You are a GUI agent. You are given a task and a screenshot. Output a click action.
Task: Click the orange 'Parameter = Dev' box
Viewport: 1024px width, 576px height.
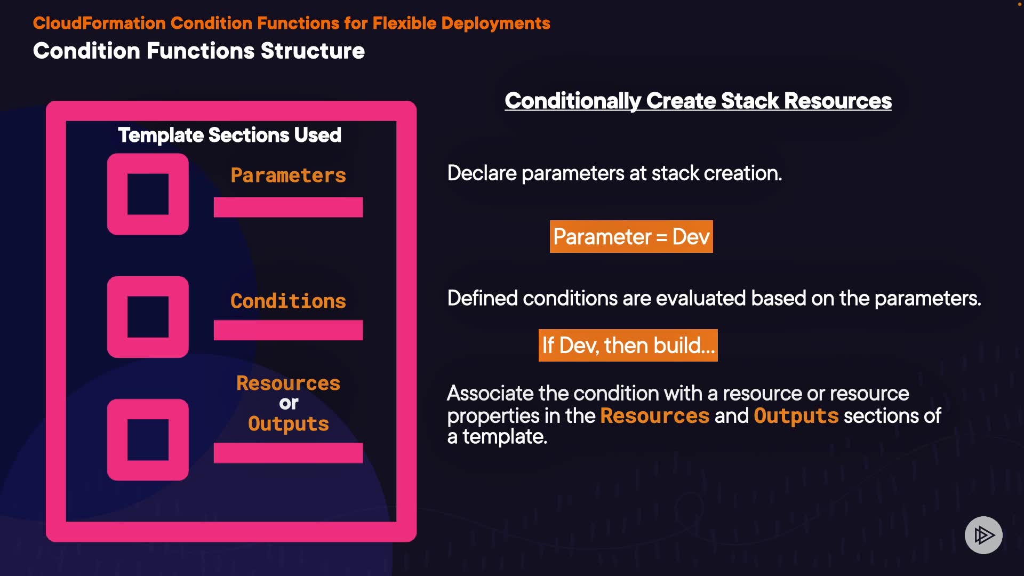631,236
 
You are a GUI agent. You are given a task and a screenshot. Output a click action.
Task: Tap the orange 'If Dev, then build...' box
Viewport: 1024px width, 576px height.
628,345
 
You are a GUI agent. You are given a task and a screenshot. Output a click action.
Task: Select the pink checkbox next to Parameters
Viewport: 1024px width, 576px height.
148,194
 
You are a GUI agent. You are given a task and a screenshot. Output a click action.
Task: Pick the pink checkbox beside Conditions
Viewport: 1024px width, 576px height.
148,317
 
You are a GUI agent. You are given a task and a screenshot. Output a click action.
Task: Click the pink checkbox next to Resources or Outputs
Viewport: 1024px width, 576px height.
148,439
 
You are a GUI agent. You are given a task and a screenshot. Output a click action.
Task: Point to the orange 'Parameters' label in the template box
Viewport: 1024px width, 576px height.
288,175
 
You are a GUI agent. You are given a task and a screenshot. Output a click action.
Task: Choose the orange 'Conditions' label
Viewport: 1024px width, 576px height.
288,301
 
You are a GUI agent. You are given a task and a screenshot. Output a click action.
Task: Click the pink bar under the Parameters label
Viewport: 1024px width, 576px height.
288,207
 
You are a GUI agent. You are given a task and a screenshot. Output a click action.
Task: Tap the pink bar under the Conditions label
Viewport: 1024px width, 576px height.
288,330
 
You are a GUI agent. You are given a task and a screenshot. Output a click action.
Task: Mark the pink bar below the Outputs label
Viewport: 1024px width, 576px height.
288,452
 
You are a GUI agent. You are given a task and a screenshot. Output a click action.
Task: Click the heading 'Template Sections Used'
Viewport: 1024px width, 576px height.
229,135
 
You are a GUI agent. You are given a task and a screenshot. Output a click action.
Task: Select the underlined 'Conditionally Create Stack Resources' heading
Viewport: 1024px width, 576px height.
698,101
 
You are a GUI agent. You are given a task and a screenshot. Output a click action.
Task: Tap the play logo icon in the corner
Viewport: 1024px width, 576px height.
983,535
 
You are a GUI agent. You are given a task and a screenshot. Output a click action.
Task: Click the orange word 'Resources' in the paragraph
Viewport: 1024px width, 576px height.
654,415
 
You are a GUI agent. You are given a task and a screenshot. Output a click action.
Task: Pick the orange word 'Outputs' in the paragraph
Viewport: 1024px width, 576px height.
796,416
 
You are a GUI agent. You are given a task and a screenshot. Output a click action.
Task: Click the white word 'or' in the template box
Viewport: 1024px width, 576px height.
289,403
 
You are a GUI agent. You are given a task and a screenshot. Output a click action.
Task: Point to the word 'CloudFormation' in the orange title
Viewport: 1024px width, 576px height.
99,23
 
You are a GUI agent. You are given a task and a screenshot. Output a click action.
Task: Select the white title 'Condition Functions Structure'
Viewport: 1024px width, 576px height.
199,51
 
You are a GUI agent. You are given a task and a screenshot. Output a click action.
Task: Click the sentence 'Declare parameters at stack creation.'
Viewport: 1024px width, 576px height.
614,173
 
